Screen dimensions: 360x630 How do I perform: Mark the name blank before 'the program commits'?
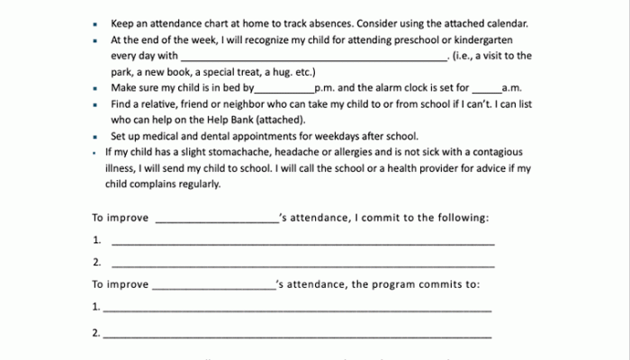tap(214, 285)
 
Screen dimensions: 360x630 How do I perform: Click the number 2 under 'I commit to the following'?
tap(96, 263)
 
